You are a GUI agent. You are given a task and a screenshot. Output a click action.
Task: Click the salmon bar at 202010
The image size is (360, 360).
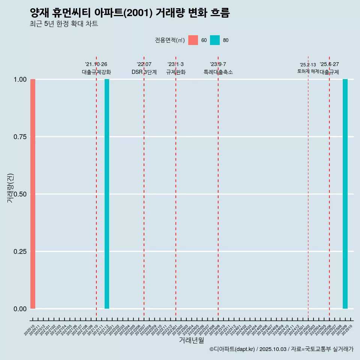pyautogui.click(x=33, y=194)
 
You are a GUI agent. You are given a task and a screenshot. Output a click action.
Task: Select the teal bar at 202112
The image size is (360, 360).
pyautogui.click(x=107, y=194)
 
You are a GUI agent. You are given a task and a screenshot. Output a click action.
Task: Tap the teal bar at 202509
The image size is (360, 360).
pyautogui.click(x=345, y=194)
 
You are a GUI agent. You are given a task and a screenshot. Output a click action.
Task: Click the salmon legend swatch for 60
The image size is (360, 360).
pyautogui.click(x=193, y=40)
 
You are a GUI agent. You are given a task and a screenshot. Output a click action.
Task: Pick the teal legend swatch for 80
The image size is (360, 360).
pyautogui.click(x=215, y=40)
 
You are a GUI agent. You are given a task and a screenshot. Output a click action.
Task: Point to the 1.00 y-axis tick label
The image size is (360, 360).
pyautogui.click(x=20, y=79)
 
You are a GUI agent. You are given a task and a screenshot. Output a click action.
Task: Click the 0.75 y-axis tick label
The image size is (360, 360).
pyautogui.click(x=20, y=137)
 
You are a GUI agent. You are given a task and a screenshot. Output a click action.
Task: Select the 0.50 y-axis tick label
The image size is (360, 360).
pyautogui.click(x=20, y=194)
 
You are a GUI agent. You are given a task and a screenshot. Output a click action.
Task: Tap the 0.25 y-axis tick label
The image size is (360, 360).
pyautogui.click(x=20, y=252)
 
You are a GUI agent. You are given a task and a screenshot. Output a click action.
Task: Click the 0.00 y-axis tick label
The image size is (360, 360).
pyautogui.click(x=20, y=309)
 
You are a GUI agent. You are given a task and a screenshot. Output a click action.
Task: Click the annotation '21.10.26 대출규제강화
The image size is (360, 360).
pyautogui.click(x=96, y=68)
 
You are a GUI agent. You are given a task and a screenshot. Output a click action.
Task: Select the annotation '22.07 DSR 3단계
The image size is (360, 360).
pyautogui.click(x=144, y=68)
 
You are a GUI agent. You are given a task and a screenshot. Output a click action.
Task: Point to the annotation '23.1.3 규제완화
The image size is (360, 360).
pyautogui.click(x=175, y=68)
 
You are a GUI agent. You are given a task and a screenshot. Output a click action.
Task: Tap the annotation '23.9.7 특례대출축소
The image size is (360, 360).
pyautogui.click(x=218, y=68)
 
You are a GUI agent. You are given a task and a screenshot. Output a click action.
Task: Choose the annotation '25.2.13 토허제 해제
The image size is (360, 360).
pyautogui.click(x=308, y=68)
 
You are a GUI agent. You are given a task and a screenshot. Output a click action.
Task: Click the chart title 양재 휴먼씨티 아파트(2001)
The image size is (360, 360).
pyautogui.click(x=129, y=13)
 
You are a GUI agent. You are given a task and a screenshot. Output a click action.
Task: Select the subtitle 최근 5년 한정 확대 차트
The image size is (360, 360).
pyautogui.click(x=64, y=24)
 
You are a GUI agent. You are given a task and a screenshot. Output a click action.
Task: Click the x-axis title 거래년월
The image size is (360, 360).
pyautogui.click(x=191, y=340)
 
